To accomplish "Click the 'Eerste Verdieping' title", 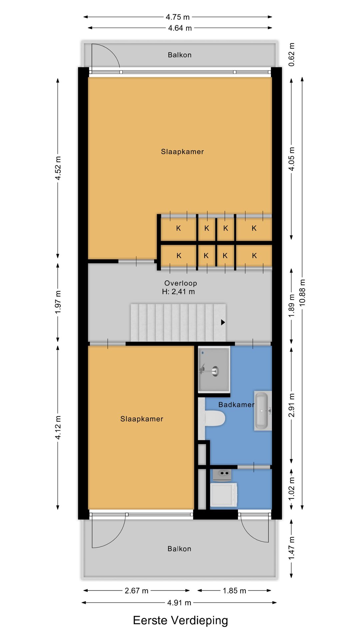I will pyautogui.click(x=180, y=620).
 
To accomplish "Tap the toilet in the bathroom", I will pyautogui.click(x=214, y=418).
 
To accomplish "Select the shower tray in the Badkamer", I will pyautogui.click(x=214, y=369).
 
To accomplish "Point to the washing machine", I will pyautogui.click(x=224, y=494).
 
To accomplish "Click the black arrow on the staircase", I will pyautogui.click(x=223, y=322).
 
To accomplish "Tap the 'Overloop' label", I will pyautogui.click(x=180, y=283).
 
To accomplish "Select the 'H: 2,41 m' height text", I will pyautogui.click(x=178, y=291).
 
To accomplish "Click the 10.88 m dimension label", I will pyautogui.click(x=302, y=292).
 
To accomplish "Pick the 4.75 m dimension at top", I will pyautogui.click(x=178, y=17).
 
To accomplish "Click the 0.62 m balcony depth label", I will pyautogui.click(x=292, y=54).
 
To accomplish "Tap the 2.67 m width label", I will pyautogui.click(x=136, y=591).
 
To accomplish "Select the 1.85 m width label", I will pyautogui.click(x=234, y=591).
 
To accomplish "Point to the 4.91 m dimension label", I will pyautogui.click(x=179, y=603).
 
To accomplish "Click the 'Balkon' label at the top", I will pyautogui.click(x=179, y=55).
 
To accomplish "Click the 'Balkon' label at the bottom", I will pyautogui.click(x=179, y=549).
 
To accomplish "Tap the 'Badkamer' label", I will pyautogui.click(x=236, y=405).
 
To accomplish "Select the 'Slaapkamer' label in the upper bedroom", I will pyautogui.click(x=182, y=152).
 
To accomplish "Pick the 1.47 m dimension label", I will pyautogui.click(x=292, y=548).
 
